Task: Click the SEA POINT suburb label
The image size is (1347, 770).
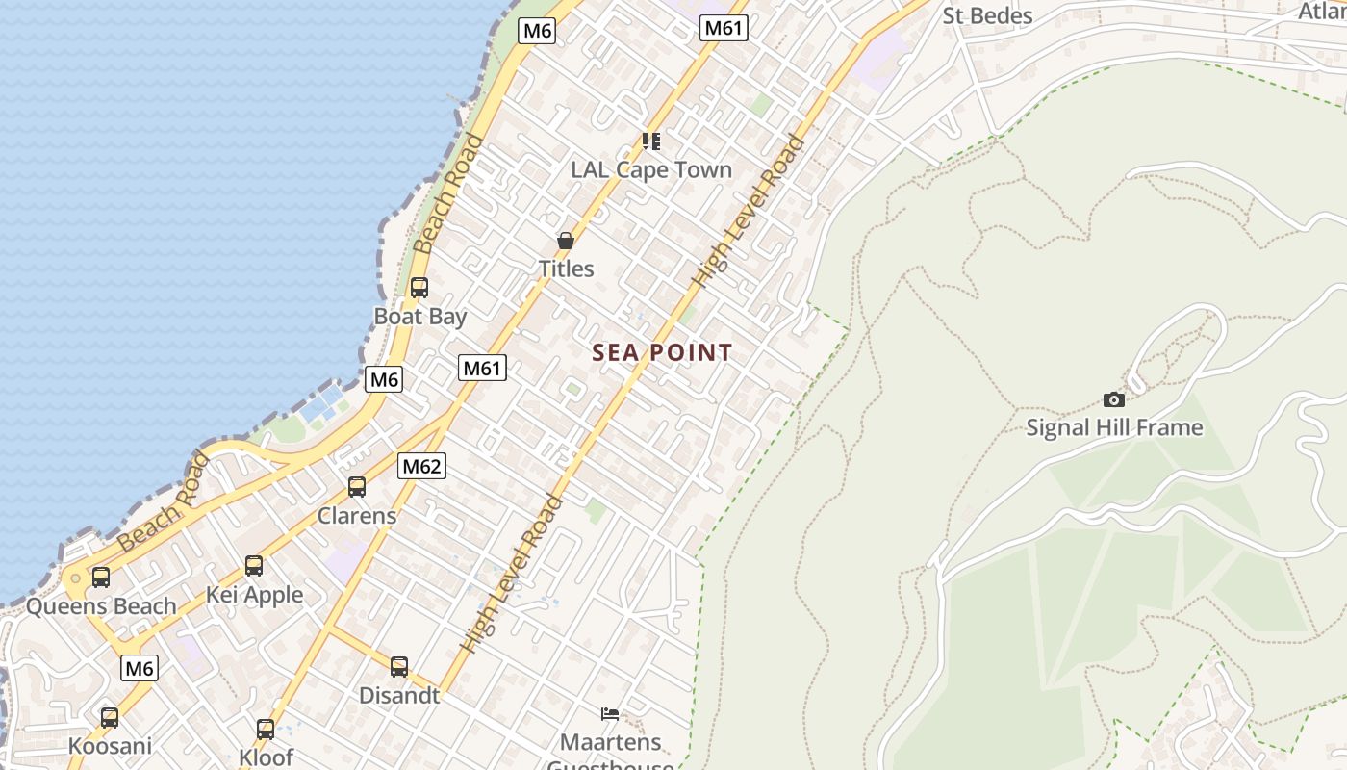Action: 662,352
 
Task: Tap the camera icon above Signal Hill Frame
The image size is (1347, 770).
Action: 1114,399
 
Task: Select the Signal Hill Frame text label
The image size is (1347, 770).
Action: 1114,427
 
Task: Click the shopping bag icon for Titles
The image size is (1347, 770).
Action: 566,241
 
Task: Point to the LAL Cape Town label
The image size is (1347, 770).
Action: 651,170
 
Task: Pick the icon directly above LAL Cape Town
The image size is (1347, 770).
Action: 651,141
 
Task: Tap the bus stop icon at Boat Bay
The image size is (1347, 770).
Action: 419,287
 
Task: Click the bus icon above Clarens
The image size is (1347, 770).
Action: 357,486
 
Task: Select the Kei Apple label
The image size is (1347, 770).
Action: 254,595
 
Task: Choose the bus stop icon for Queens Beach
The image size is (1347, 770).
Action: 101,577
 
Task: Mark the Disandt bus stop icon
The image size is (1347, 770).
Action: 399,666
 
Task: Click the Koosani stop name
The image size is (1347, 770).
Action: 110,746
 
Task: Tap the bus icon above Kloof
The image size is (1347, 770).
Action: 266,729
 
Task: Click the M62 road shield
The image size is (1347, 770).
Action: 421,467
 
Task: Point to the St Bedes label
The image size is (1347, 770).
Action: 987,15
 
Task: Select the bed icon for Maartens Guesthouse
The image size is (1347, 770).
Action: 610,713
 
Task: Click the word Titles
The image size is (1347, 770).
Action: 566,269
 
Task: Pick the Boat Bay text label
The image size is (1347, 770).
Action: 420,316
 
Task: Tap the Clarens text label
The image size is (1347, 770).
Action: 357,515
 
